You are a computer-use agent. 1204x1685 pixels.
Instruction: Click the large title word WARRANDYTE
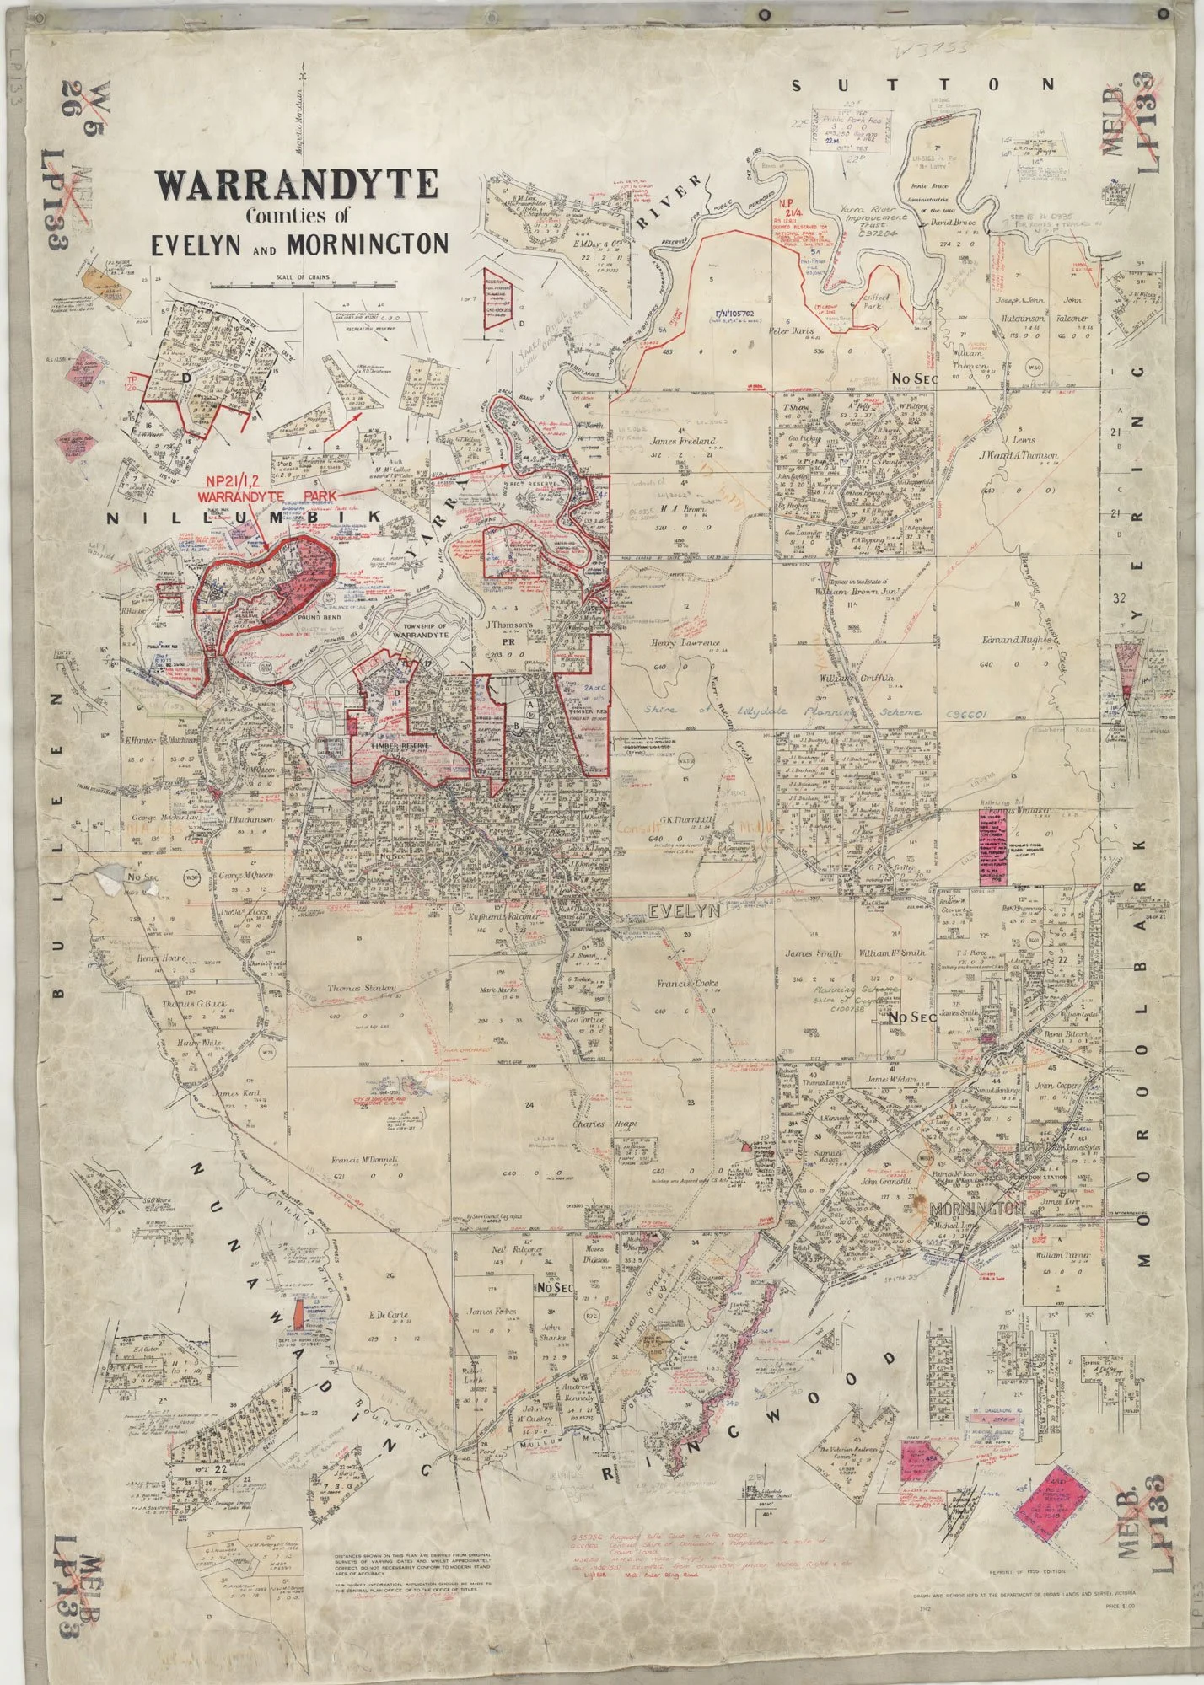295,185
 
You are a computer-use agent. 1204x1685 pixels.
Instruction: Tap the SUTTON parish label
922,84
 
